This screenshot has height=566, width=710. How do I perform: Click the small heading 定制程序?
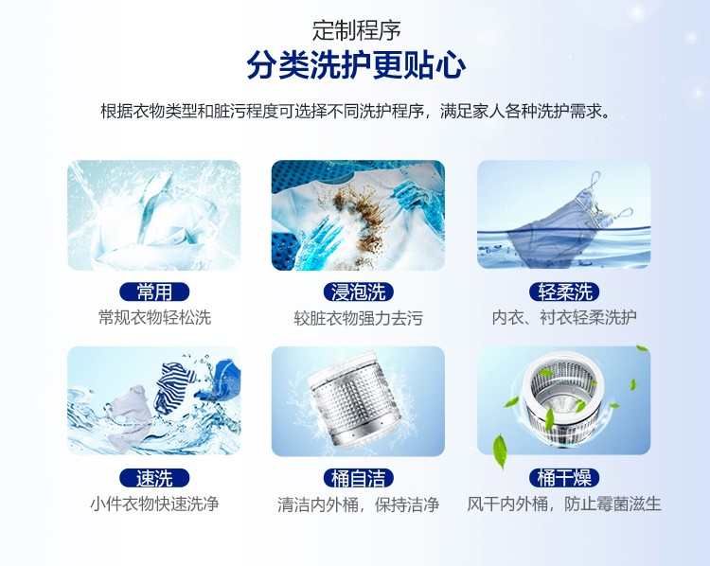pos(356,30)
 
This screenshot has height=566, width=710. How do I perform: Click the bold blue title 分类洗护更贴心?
pos(356,65)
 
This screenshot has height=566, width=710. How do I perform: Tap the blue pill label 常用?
pos(154,292)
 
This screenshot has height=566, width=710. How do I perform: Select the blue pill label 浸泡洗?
pos(358,292)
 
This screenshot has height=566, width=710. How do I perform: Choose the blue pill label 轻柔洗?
pos(564,292)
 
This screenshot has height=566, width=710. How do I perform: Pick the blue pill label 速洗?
pos(154,478)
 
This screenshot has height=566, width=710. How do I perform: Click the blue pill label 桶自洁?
pos(358,478)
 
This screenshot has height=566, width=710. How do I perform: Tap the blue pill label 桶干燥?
pos(564,478)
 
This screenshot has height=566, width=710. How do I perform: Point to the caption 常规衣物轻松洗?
pos(155,317)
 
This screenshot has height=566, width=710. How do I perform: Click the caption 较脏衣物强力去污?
pos(358,318)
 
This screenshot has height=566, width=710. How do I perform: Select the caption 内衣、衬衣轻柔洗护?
pos(564,317)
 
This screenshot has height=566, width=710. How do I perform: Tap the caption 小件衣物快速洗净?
pos(154,504)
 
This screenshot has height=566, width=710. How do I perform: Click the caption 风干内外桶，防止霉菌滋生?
pos(564,504)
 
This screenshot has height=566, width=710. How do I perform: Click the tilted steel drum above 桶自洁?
pos(354,398)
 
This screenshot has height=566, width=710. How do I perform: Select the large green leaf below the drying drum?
pos(500,451)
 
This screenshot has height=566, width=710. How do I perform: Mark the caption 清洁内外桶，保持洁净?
pos(358,504)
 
